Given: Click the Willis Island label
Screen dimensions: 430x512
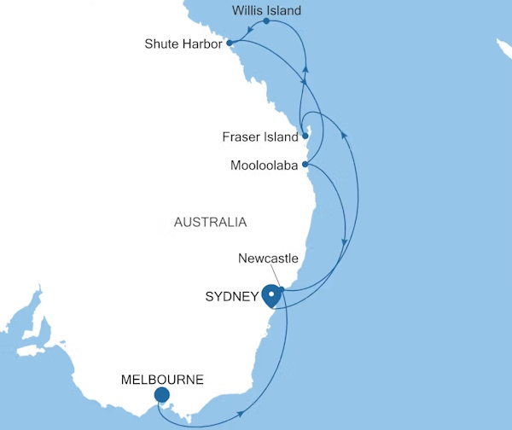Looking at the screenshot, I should coord(266,11).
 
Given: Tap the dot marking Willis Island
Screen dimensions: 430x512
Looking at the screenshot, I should coord(266,22).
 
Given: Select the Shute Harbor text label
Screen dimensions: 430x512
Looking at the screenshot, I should coord(183,43).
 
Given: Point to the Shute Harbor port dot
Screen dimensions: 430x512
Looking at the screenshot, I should coord(230,43).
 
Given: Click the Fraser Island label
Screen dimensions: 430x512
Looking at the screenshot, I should coord(259,137).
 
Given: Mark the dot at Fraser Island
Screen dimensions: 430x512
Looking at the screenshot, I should coord(305,136).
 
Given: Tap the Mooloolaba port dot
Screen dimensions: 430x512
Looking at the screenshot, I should coord(305,165).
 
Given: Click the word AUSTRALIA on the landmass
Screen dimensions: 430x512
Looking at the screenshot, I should coord(210,223).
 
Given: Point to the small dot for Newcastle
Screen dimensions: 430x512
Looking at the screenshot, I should coord(280,289).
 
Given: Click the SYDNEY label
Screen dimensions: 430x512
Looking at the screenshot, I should coord(232,297).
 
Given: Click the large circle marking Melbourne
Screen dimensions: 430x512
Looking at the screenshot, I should coord(162,395).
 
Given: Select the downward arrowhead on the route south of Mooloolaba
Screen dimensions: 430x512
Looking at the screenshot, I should coord(344,243).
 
